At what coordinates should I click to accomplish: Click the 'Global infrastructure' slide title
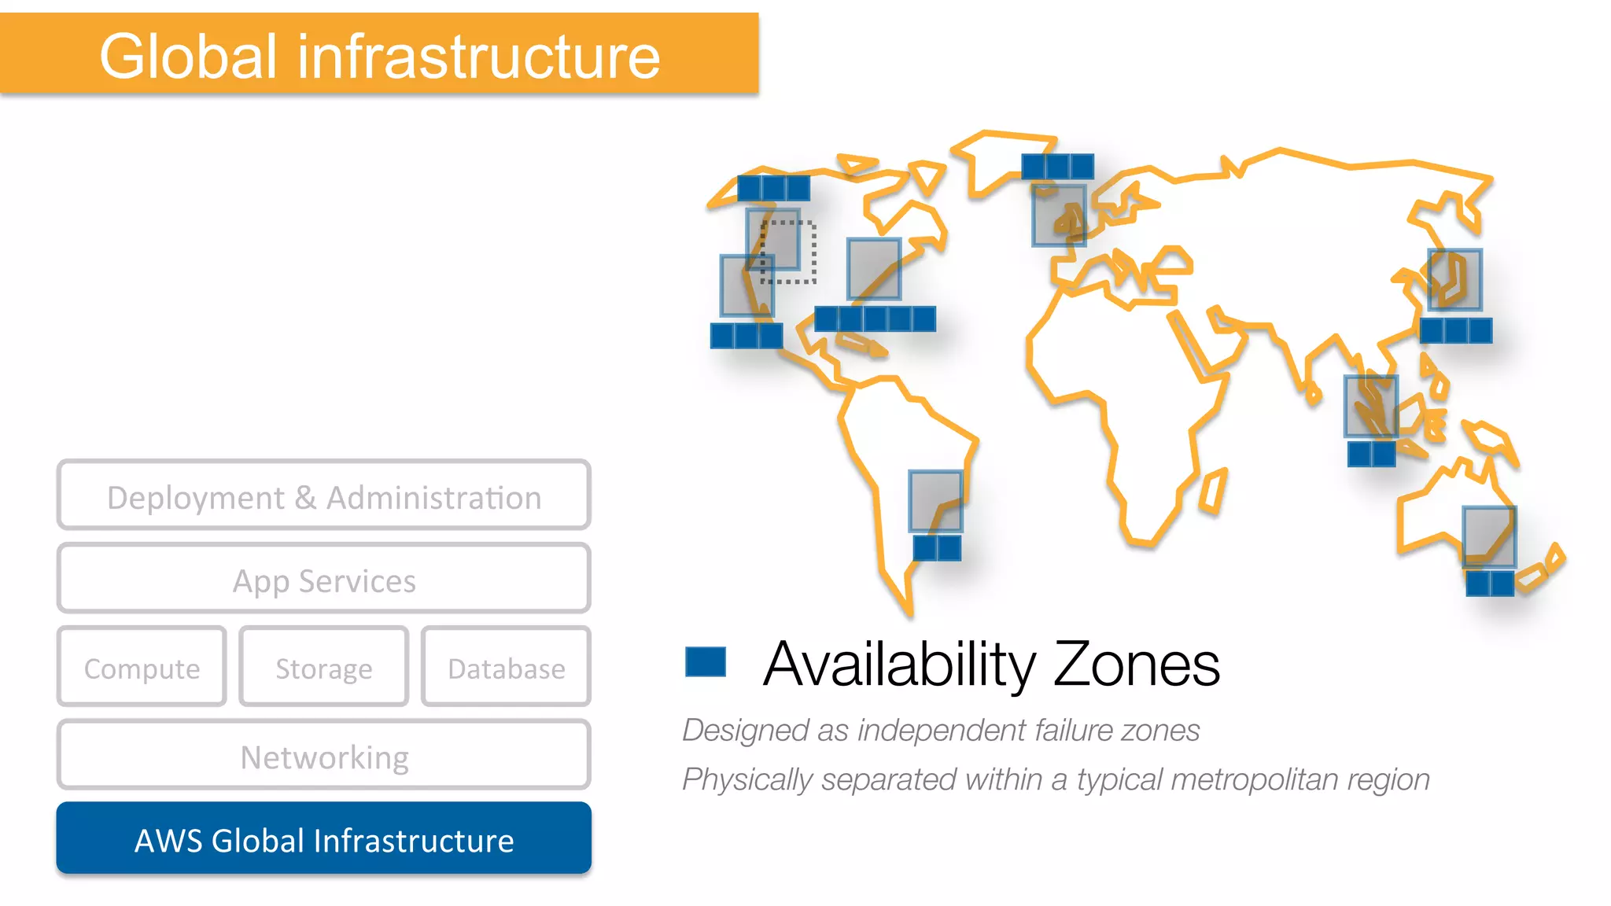(379, 57)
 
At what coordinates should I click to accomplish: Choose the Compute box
(142, 667)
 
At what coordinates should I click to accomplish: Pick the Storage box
(323, 667)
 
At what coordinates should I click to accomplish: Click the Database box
(506, 667)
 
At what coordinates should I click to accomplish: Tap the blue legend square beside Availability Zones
(705, 661)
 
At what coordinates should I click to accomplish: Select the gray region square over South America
(935, 501)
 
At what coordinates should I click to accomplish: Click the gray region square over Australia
(1489, 537)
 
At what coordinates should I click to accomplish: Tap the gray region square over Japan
(1455, 280)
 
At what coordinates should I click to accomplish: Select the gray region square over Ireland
(1059, 215)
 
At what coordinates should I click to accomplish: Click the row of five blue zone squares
(875, 319)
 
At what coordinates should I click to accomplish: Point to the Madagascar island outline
(1214, 492)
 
